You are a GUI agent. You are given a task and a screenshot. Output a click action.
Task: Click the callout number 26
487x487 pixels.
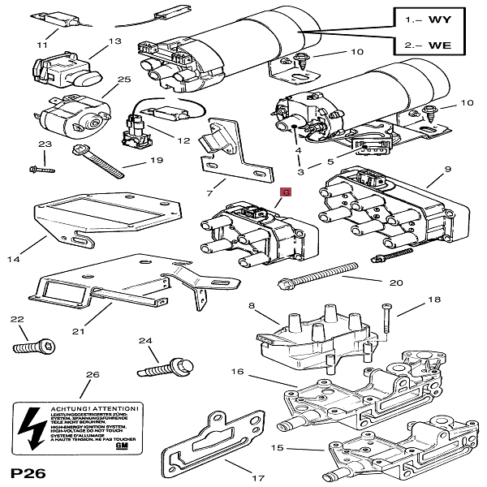93,374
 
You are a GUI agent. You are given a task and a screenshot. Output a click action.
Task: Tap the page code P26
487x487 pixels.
27,472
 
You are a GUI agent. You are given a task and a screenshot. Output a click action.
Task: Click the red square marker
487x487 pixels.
286,192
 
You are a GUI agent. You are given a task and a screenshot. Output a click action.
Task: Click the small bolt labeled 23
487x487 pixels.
40,170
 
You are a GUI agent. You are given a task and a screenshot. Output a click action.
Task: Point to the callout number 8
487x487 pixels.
252,306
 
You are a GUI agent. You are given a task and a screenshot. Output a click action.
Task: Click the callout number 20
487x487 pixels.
396,282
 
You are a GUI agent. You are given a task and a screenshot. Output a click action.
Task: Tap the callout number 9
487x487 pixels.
446,170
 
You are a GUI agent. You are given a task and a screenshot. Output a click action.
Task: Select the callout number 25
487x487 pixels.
123,80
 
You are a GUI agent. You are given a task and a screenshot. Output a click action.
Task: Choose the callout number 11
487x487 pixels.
42,45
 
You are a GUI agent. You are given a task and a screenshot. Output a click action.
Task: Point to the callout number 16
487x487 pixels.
237,371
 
